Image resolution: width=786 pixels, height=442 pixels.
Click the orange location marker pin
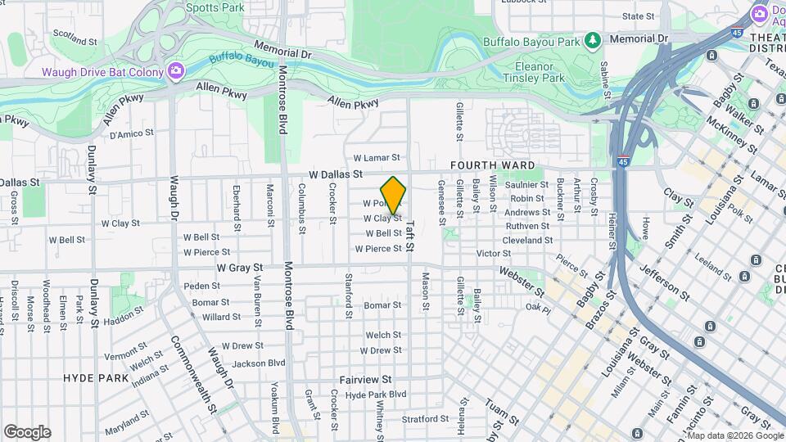[393, 195]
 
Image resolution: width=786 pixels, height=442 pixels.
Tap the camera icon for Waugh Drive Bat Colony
[175, 72]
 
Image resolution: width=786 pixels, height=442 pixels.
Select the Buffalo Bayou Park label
[531, 39]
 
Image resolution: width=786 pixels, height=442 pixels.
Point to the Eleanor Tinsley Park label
[540, 72]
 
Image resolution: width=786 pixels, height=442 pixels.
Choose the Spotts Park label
[215, 7]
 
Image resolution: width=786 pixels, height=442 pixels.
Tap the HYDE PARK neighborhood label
[97, 378]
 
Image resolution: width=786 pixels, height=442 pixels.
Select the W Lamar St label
[376, 157]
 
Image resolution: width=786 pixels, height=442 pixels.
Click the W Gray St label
[239, 268]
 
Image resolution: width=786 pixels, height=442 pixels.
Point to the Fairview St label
[366, 380]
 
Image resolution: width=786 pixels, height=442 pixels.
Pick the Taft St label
[410, 235]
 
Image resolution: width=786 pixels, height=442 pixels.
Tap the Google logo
[27, 432]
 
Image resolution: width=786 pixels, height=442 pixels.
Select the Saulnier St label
[526, 185]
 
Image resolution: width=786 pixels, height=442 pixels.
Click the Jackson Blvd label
[259, 363]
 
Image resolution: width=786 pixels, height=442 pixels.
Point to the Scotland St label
[75, 39]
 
